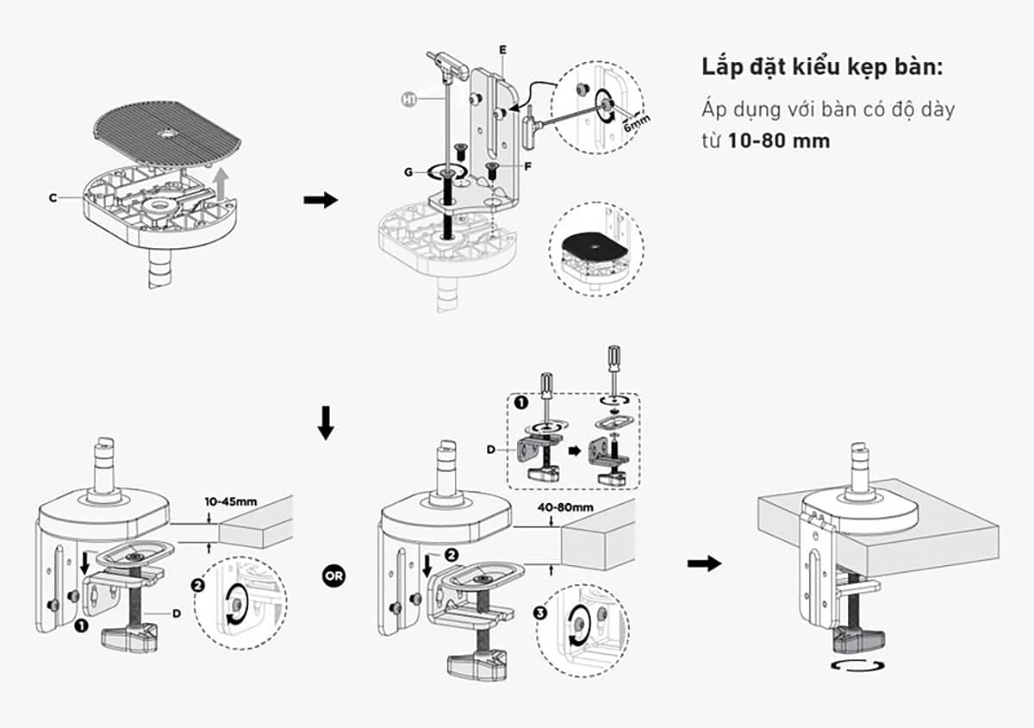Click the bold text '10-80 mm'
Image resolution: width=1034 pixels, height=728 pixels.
(779, 140)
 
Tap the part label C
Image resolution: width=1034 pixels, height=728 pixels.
(53, 197)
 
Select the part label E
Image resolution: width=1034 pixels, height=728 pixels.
(502, 50)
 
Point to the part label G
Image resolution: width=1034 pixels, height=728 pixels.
(408, 172)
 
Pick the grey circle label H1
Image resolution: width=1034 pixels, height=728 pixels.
(409, 100)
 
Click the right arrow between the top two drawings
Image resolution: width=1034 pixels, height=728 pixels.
(321, 200)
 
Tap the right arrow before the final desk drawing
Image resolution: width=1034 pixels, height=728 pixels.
(704, 563)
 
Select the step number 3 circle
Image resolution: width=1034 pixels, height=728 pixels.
(540, 613)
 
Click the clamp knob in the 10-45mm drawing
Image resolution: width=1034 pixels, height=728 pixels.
(127, 638)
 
